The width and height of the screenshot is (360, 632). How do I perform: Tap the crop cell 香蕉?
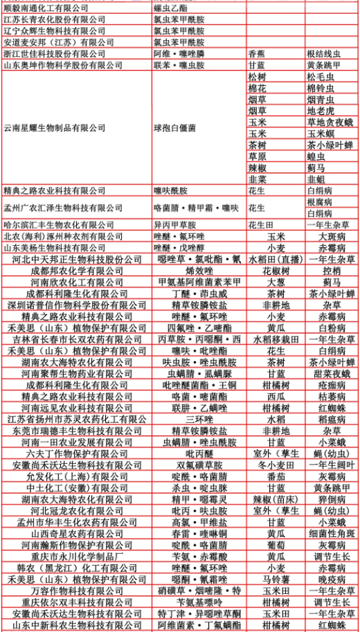pyautogui.click(x=256, y=53)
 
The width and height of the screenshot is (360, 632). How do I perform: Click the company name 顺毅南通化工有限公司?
pyautogui.click(x=46, y=8)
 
